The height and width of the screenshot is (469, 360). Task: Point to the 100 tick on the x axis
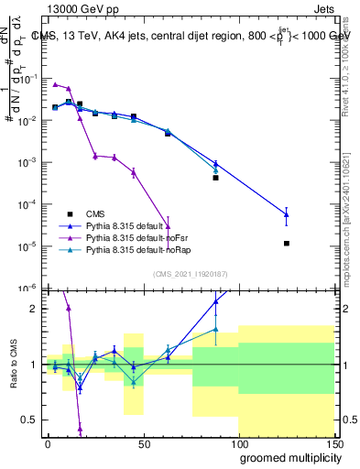(238, 444)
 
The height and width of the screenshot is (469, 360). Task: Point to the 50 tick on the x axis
(143, 444)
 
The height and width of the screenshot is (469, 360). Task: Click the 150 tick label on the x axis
(333, 444)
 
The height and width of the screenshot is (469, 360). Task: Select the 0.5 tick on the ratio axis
(29, 420)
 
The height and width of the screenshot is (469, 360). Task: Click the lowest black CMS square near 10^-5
(287, 244)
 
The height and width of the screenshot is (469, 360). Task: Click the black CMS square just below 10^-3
(215, 178)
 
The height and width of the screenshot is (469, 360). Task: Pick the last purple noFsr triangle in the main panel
(168, 226)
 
